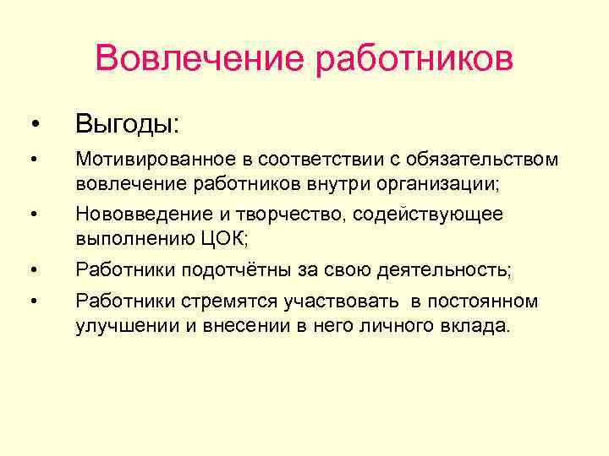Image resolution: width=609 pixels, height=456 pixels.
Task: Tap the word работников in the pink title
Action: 414,59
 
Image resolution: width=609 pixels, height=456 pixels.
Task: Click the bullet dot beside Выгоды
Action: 33,126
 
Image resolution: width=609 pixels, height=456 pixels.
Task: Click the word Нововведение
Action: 139,214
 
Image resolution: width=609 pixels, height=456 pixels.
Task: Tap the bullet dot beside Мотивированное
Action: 33,160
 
